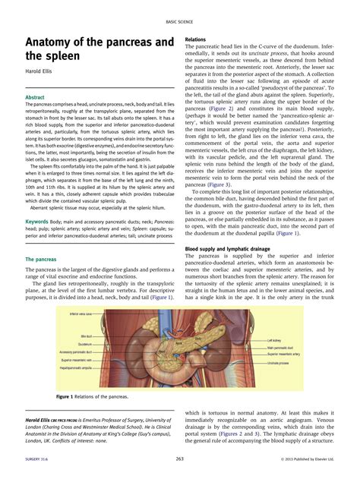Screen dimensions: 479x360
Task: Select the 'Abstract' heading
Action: tap(35, 98)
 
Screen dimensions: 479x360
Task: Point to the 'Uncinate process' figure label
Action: tap(279, 364)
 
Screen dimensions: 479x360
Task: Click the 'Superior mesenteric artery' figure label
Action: tap(285, 355)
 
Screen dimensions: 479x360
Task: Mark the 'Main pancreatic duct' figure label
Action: tap(280, 348)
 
